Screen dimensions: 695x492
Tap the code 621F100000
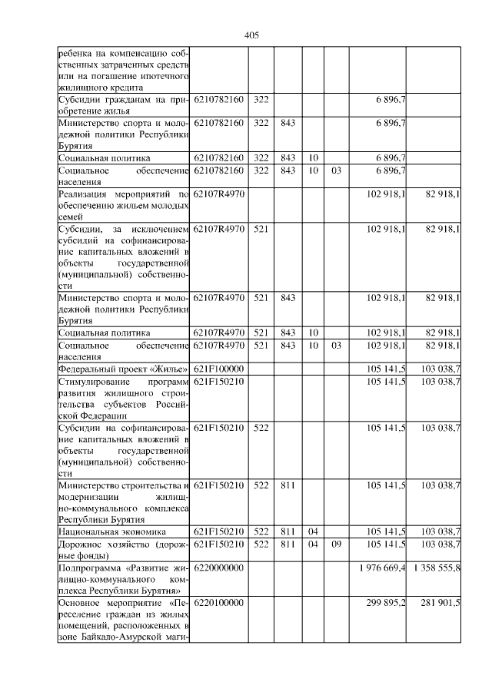tap(219, 369)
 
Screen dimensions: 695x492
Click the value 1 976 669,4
tap(382, 568)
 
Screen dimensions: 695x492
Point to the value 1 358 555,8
tap(436, 568)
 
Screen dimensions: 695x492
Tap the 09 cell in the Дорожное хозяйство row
tap(336, 544)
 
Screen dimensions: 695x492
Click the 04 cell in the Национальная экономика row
tap(313, 531)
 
